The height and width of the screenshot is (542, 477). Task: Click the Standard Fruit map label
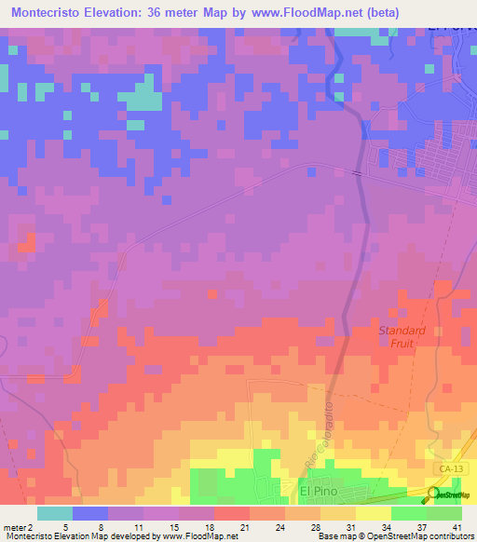(402, 336)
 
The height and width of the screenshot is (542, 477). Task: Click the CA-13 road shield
(448, 464)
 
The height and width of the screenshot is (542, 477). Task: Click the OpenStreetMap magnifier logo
(433, 495)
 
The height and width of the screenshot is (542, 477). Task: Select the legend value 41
(457, 527)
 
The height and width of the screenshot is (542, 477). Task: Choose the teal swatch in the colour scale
(55, 513)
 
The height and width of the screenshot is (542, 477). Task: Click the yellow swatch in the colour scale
(373, 513)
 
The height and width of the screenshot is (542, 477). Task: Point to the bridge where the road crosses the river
(356, 171)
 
